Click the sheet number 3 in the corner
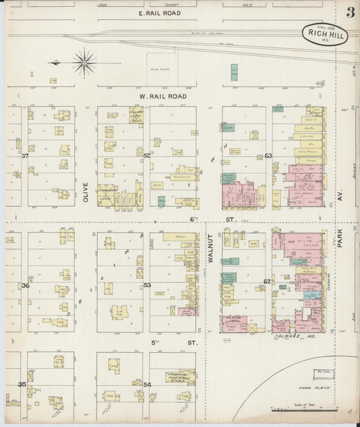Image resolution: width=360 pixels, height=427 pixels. coord(351,12)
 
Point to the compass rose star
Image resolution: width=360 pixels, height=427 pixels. coord(84,62)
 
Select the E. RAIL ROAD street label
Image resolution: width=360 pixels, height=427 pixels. coord(159,13)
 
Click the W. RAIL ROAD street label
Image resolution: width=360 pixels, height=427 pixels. coord(162,97)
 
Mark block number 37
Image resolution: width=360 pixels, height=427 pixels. coord(25,155)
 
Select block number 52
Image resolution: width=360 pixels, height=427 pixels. coord(147,155)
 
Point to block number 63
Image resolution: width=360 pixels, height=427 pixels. coord(267,156)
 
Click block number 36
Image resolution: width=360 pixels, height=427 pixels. coord(25,285)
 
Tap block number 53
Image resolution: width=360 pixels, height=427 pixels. coord(147,285)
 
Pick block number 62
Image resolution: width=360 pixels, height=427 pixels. coord(267,281)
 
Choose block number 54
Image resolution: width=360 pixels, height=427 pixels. coord(147,384)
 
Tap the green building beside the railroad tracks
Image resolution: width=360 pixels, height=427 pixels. coord(234,72)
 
